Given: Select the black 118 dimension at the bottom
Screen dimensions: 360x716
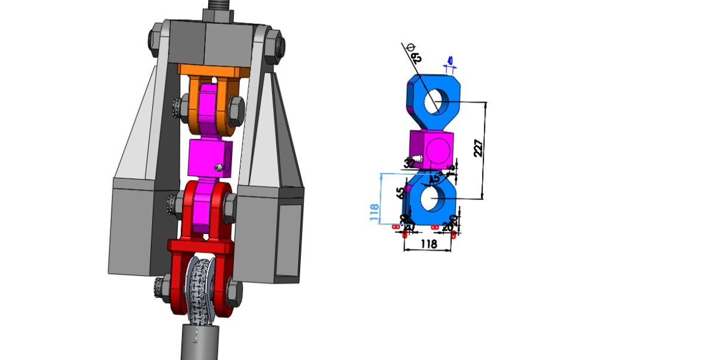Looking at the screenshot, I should (428, 244).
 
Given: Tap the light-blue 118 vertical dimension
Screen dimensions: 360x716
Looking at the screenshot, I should (374, 213).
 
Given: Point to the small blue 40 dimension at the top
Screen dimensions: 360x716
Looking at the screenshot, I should (449, 61).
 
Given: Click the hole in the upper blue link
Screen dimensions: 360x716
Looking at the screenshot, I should (436, 101).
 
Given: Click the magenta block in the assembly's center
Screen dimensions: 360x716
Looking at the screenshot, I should (209, 158).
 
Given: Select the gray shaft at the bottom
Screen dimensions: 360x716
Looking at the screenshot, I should (199, 343).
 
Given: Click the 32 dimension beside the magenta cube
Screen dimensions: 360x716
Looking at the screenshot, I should (409, 163).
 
